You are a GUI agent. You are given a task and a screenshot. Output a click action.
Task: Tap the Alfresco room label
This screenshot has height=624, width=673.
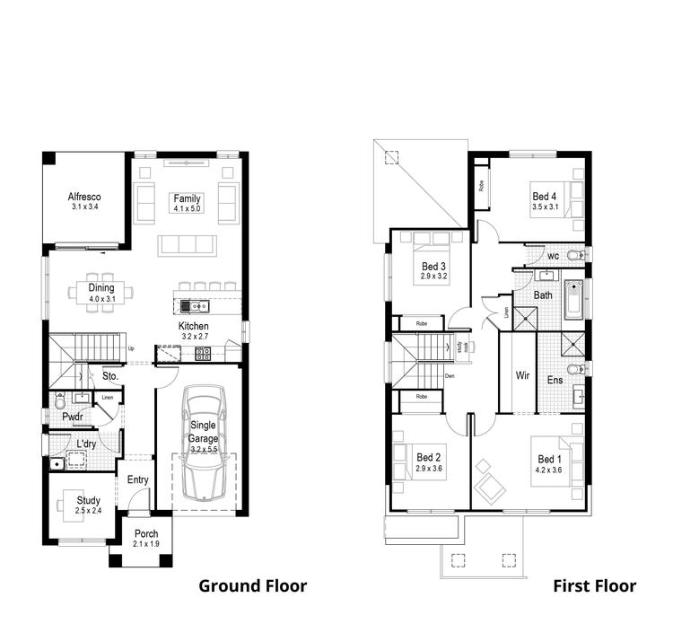click(x=84, y=197)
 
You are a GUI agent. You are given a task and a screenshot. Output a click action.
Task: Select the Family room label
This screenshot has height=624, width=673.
click(x=188, y=198)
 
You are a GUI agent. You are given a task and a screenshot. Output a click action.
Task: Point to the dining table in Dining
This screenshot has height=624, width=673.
click(x=102, y=292)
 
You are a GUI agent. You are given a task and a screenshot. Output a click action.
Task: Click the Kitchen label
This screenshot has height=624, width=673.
click(x=194, y=326)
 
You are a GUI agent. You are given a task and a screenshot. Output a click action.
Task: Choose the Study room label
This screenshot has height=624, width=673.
click(x=88, y=500)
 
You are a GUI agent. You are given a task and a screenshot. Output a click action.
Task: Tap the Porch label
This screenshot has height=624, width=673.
click(x=145, y=533)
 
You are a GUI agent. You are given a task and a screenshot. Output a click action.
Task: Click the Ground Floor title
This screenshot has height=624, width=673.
click(x=252, y=586)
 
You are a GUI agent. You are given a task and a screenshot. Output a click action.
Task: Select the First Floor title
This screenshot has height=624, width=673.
click(x=594, y=586)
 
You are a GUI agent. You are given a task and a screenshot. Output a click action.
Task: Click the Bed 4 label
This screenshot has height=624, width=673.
click(x=544, y=197)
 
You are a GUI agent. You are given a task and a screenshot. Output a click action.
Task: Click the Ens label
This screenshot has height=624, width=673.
click(x=555, y=380)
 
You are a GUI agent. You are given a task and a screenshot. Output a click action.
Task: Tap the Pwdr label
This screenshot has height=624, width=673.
click(x=73, y=417)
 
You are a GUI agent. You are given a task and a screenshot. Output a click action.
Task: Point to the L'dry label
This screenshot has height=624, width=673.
click(x=86, y=444)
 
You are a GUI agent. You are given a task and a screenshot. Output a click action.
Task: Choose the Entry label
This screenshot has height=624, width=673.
click(x=137, y=479)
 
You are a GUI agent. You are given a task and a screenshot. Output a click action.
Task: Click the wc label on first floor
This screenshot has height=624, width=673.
click(x=554, y=255)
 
